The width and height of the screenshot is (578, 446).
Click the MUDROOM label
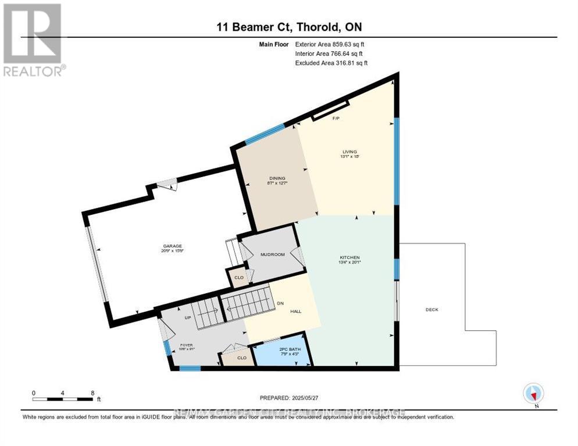click(272, 254)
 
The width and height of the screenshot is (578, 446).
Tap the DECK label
click(431, 310)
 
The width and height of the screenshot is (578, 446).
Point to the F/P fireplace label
click(336, 118)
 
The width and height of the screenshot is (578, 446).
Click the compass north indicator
click(533, 393)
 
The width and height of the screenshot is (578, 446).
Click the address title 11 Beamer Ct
click(289, 27)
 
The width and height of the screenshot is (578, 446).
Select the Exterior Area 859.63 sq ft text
click(330, 44)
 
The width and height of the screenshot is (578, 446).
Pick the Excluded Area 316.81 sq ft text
click(331, 63)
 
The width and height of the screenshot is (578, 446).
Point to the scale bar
click(63, 399)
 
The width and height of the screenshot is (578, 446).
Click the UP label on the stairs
click(188, 318)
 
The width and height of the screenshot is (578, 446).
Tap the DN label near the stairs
click(280, 303)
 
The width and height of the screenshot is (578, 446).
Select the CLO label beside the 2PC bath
click(241, 358)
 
